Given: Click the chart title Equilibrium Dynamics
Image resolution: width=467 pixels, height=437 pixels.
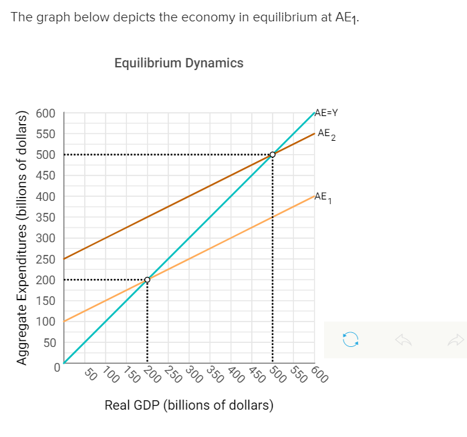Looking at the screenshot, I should click(178, 63).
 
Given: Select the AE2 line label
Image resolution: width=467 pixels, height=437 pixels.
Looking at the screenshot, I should click(327, 134).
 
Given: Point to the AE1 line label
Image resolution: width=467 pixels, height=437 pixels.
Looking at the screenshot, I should click(323, 197).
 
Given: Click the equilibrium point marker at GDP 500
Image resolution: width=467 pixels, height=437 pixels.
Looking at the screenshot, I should click(273, 155).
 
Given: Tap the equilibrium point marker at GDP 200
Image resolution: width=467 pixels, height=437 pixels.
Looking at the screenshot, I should click(147, 280).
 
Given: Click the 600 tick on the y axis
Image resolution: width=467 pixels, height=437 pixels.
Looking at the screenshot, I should click(45, 113).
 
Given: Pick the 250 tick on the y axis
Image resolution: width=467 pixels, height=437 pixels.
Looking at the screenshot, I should click(45, 259).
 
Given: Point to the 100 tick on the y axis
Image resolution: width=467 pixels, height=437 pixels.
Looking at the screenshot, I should click(45, 322).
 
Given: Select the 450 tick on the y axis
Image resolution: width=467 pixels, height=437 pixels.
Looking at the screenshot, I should click(45, 175).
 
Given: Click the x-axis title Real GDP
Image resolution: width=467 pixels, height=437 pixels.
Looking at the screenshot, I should click(189, 405).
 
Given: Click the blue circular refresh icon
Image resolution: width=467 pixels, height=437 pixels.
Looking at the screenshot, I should click(350, 340).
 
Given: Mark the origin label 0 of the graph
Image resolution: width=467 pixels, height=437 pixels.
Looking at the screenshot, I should click(57, 366).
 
